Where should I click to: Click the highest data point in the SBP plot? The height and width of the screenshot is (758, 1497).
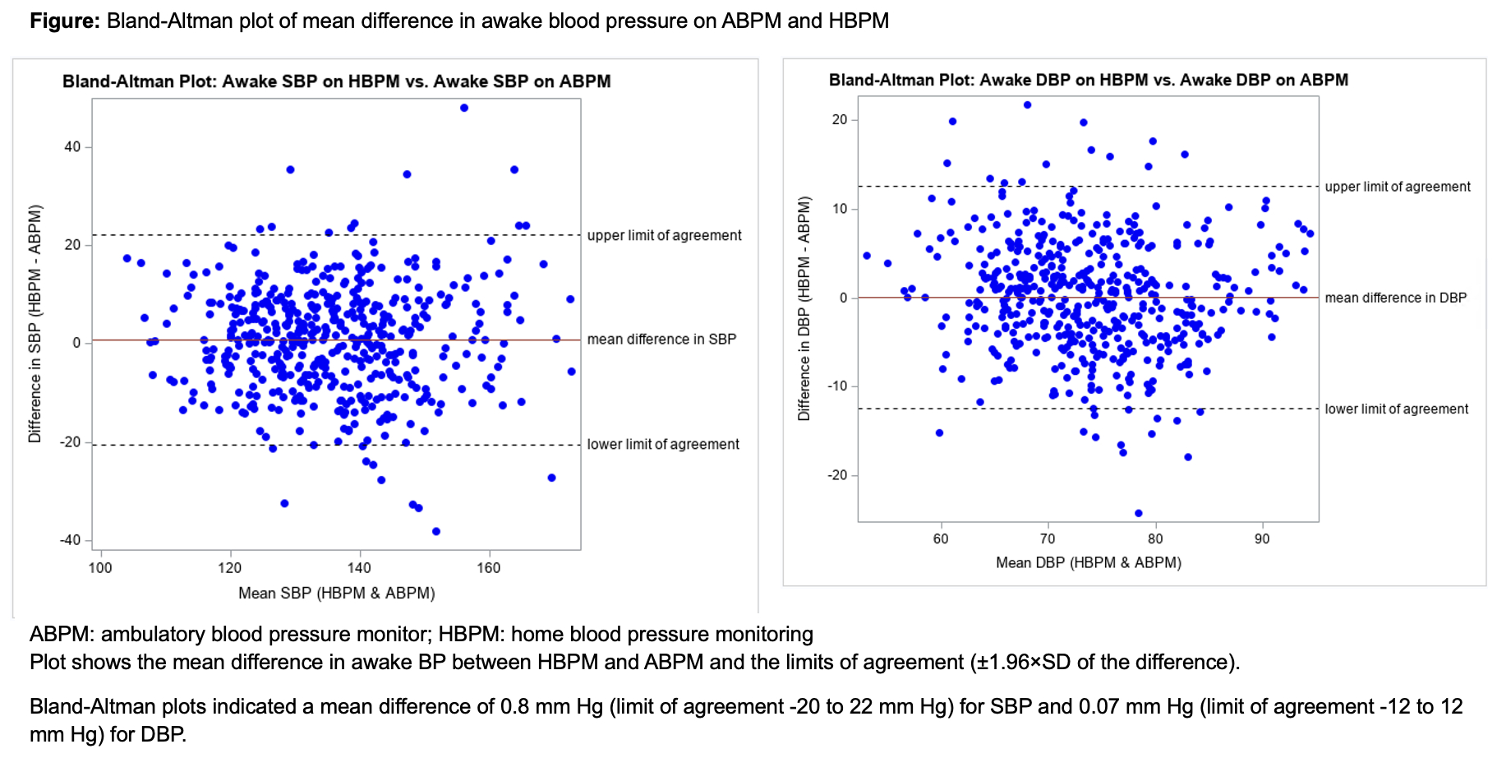pyautogui.click(x=464, y=108)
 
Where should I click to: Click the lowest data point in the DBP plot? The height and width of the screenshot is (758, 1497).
pyautogui.click(x=1138, y=513)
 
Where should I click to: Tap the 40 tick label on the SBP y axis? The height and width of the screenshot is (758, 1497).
pyautogui.click(x=72, y=147)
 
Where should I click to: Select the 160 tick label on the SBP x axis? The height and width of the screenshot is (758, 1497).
pyautogui.click(x=489, y=568)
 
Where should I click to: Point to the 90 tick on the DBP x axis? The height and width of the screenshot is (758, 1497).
pyautogui.click(x=1262, y=539)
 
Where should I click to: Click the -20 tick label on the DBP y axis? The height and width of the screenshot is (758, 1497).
pyautogui.click(x=837, y=475)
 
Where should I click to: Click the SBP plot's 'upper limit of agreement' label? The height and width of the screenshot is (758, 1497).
pyautogui.click(x=664, y=235)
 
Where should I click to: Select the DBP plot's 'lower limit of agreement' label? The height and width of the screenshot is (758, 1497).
pyautogui.click(x=1396, y=409)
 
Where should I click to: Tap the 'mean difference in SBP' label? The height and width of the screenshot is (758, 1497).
pyautogui.click(x=661, y=339)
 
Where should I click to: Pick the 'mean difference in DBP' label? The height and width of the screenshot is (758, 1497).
pyautogui.click(x=1395, y=298)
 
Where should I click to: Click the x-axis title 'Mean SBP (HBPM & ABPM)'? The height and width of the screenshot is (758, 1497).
pyautogui.click(x=336, y=593)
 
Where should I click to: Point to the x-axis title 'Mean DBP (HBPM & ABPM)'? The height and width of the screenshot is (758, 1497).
pyautogui.click(x=1089, y=562)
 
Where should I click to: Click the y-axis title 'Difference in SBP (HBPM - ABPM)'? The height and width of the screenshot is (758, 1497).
pyautogui.click(x=35, y=323)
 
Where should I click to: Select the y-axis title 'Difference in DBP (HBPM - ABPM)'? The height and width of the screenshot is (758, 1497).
pyautogui.click(x=804, y=308)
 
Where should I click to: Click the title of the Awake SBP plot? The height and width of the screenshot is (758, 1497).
pyautogui.click(x=336, y=81)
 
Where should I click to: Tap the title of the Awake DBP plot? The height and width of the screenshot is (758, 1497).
pyautogui.click(x=1088, y=80)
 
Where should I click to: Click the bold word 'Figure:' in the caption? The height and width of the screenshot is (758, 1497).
pyautogui.click(x=65, y=21)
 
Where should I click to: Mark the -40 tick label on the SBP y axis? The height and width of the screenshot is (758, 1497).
pyautogui.click(x=70, y=540)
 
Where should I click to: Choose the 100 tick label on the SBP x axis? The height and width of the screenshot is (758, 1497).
pyautogui.click(x=100, y=568)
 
